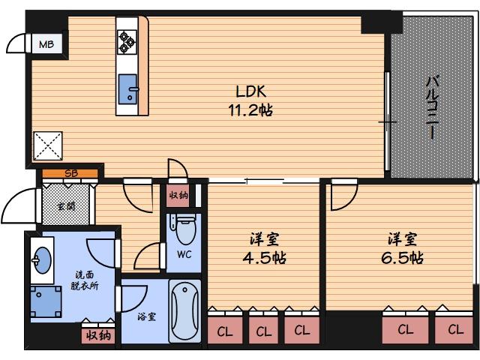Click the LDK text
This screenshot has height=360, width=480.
(250, 91)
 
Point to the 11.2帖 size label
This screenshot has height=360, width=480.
(250, 110)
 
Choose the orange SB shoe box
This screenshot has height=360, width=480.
(70, 174)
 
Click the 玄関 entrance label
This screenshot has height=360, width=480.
(66, 204)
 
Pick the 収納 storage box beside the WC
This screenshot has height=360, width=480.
(178, 196)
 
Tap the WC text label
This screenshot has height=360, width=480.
(184, 254)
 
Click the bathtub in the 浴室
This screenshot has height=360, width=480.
(184, 311)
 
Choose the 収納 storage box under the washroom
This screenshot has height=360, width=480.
(97, 335)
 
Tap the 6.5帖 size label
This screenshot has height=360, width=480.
(403, 258)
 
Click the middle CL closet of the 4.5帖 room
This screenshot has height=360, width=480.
(262, 330)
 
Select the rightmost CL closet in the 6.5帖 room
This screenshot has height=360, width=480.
(455, 329)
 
